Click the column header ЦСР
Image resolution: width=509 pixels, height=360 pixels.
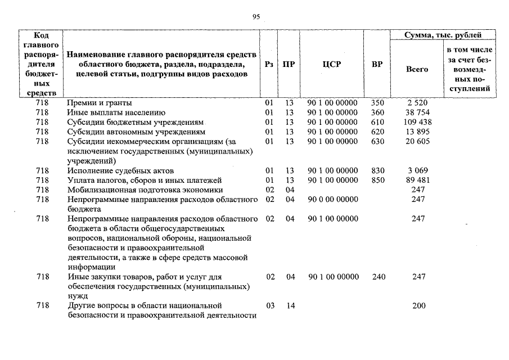(x=332, y=65)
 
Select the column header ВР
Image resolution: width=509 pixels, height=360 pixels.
(x=377, y=65)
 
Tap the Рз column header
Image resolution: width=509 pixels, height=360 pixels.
(x=269, y=65)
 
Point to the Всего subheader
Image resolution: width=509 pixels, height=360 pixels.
(x=417, y=69)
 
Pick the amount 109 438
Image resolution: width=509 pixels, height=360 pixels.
(x=417, y=122)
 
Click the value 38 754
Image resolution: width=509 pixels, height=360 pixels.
(x=417, y=112)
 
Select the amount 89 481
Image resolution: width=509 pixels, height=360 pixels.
(x=417, y=180)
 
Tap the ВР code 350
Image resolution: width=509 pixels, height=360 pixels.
(x=377, y=103)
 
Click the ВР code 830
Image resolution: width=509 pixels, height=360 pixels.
(x=377, y=170)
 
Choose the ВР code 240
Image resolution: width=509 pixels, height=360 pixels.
(x=377, y=277)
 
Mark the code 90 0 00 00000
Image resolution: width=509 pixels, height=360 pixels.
(x=332, y=199)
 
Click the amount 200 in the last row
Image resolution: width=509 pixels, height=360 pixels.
(x=418, y=305)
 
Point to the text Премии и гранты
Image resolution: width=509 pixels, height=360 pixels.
(x=100, y=103)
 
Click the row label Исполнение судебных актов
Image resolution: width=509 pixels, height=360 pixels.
(x=120, y=170)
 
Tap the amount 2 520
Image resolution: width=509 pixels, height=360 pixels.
(x=417, y=103)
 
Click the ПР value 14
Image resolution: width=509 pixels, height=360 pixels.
(x=290, y=305)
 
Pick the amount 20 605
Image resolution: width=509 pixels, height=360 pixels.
(x=417, y=141)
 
